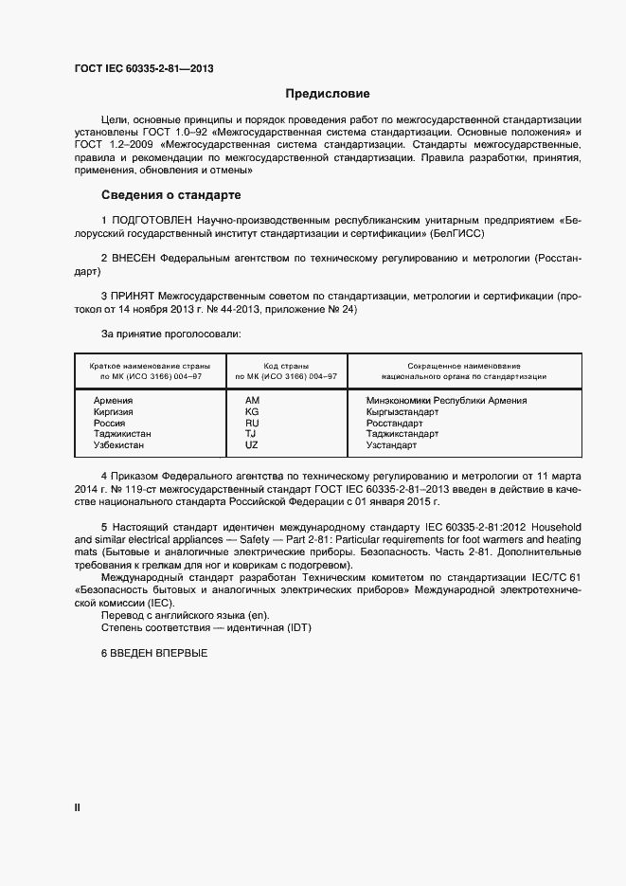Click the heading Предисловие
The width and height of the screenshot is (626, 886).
pyautogui.click(x=329, y=95)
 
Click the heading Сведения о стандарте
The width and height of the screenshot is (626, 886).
pyautogui.click(x=170, y=196)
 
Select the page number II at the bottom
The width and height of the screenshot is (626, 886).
pyautogui.click(x=78, y=807)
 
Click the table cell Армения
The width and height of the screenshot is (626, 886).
pyautogui.click(x=113, y=401)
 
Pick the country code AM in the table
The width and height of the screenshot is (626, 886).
pyautogui.click(x=252, y=401)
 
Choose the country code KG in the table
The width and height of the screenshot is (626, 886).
pyautogui.click(x=252, y=412)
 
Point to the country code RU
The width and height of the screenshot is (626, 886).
pyautogui.click(x=252, y=423)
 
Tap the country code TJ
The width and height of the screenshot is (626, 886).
pyautogui.click(x=251, y=434)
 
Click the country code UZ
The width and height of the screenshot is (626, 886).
pyautogui.click(x=252, y=444)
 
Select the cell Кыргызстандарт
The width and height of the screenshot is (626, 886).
pyautogui.click(x=402, y=412)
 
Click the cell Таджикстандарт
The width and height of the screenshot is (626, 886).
pyautogui.click(x=402, y=434)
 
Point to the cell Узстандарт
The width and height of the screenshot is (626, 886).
pyautogui.click(x=391, y=444)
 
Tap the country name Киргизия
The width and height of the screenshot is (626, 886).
pyautogui.click(x=114, y=412)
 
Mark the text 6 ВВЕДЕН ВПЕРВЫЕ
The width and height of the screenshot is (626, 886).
pyautogui.click(x=153, y=656)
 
